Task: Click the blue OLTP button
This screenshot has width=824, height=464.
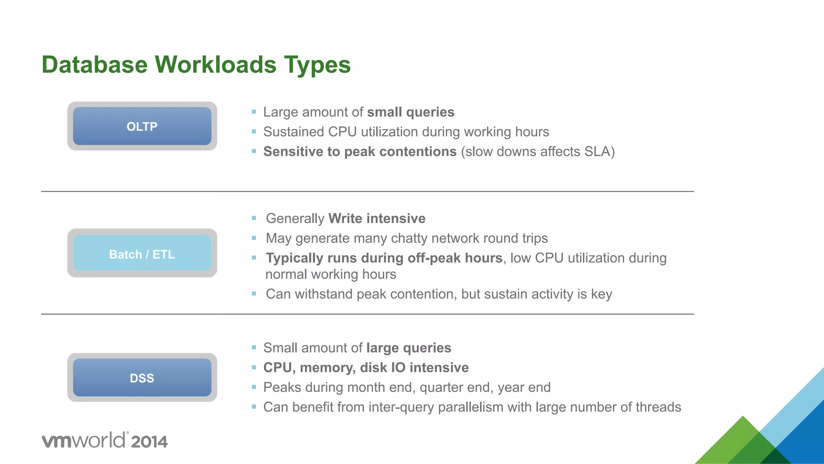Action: pyautogui.click(x=142, y=126)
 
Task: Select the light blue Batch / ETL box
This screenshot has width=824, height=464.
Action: pyautogui.click(x=142, y=254)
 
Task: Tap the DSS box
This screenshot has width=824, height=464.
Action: pyautogui.click(x=142, y=378)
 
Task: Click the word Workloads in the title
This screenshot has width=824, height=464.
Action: pyautogui.click(x=216, y=64)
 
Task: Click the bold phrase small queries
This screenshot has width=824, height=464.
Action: pyautogui.click(x=410, y=112)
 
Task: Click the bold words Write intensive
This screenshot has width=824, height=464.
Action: pyautogui.click(x=377, y=219)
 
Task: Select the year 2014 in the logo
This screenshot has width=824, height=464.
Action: pyautogui.click(x=149, y=442)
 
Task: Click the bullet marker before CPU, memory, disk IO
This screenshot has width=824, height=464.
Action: pyautogui.click(x=254, y=367)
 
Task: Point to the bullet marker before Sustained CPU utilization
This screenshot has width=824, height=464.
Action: pyautogui.click(x=254, y=132)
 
